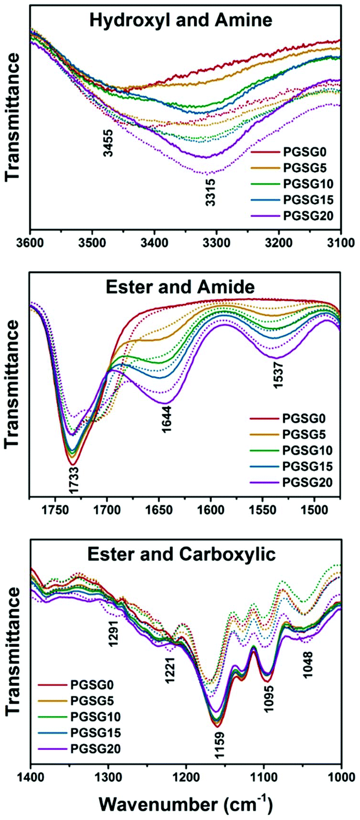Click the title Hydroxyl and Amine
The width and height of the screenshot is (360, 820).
(x=181, y=20)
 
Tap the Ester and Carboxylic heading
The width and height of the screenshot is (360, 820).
(x=182, y=554)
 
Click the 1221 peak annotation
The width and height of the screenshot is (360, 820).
(x=170, y=670)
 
